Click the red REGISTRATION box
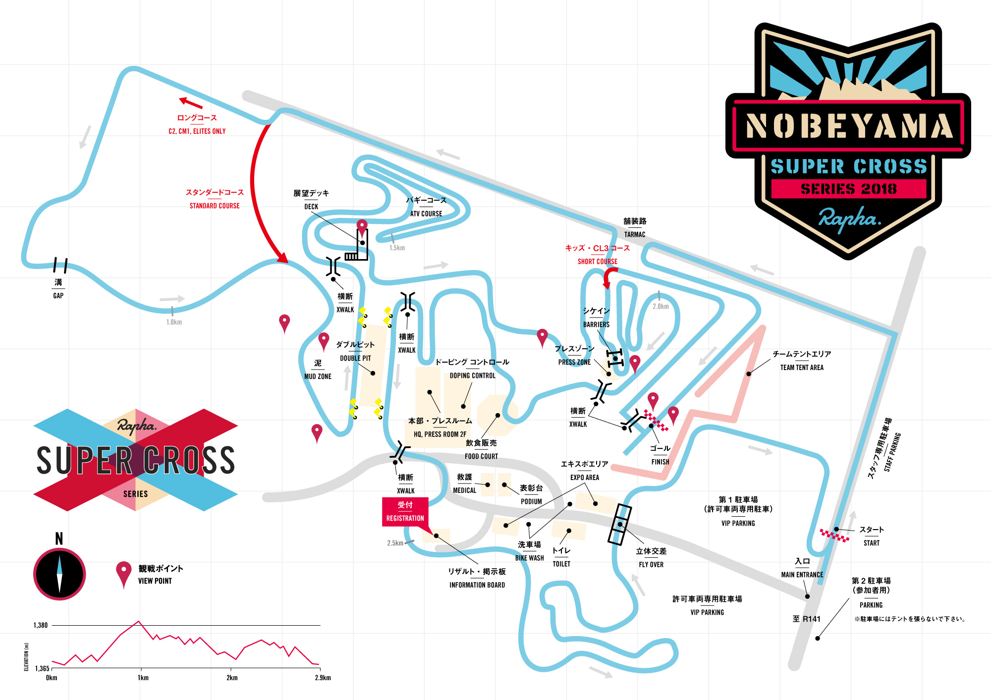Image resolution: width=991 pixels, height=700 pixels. (405, 512)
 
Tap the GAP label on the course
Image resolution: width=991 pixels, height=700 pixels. (58, 296)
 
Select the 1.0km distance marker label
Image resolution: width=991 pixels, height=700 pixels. (174, 323)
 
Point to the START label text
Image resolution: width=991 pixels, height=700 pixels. (872, 543)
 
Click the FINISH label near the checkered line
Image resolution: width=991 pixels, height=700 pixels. (660, 462)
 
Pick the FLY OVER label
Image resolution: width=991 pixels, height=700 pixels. (651, 565)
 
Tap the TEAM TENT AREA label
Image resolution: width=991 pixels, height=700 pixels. (802, 368)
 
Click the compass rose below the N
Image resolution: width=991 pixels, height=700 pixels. (59, 574)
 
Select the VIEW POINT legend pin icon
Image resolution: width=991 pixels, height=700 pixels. (123, 574)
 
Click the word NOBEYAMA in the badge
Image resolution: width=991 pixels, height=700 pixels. (848, 126)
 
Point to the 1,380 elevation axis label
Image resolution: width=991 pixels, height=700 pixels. (41, 625)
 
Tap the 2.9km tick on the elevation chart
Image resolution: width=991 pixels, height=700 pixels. (323, 678)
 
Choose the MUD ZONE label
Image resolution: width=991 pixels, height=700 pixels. (318, 377)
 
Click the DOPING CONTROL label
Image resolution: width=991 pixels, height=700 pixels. (472, 376)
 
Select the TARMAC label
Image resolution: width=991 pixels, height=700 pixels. (635, 235)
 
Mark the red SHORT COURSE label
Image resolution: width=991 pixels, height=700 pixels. (598, 262)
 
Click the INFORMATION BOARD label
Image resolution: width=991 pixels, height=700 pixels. (477, 585)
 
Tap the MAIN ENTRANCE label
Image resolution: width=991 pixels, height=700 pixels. (802, 575)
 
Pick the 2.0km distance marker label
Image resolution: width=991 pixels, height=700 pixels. (661, 307)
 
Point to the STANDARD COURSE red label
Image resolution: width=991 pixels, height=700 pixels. (215, 206)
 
